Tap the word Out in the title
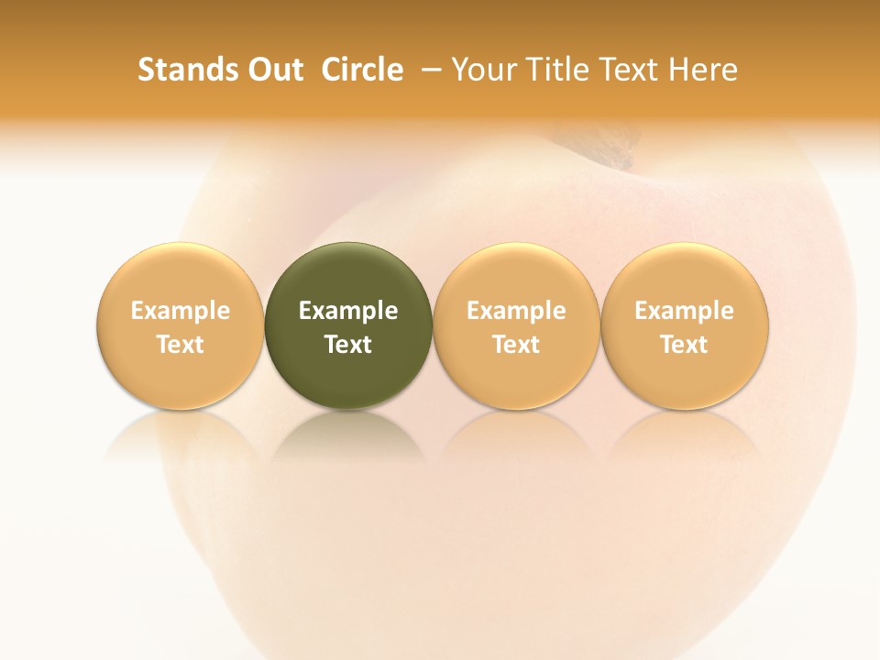pos(274,70)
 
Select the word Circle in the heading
pos(362,70)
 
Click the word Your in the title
pos(483,70)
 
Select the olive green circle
pos(348,275)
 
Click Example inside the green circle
pos(348,311)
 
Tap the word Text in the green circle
pos(348,345)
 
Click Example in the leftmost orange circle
pos(181,311)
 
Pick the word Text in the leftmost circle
pos(181,345)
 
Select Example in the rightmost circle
pos(685,311)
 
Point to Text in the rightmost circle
pos(685,345)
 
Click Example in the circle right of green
pos(516,311)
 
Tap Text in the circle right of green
pos(516,345)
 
